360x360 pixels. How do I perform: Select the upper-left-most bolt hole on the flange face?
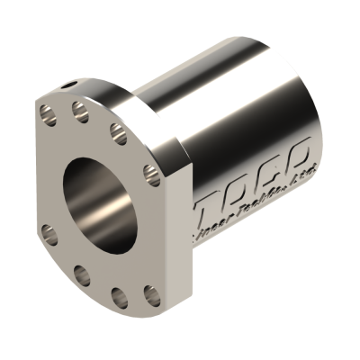click(46, 114)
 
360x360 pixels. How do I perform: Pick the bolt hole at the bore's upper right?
click(116, 132)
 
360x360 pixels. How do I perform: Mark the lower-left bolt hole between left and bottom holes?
click(81, 273)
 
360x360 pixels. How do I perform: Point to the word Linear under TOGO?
click(217, 229)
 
